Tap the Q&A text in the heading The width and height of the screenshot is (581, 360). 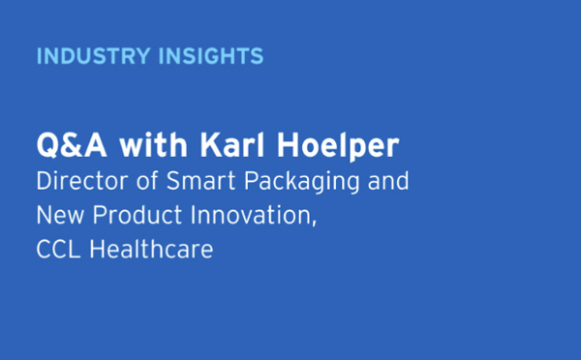click(66, 149)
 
